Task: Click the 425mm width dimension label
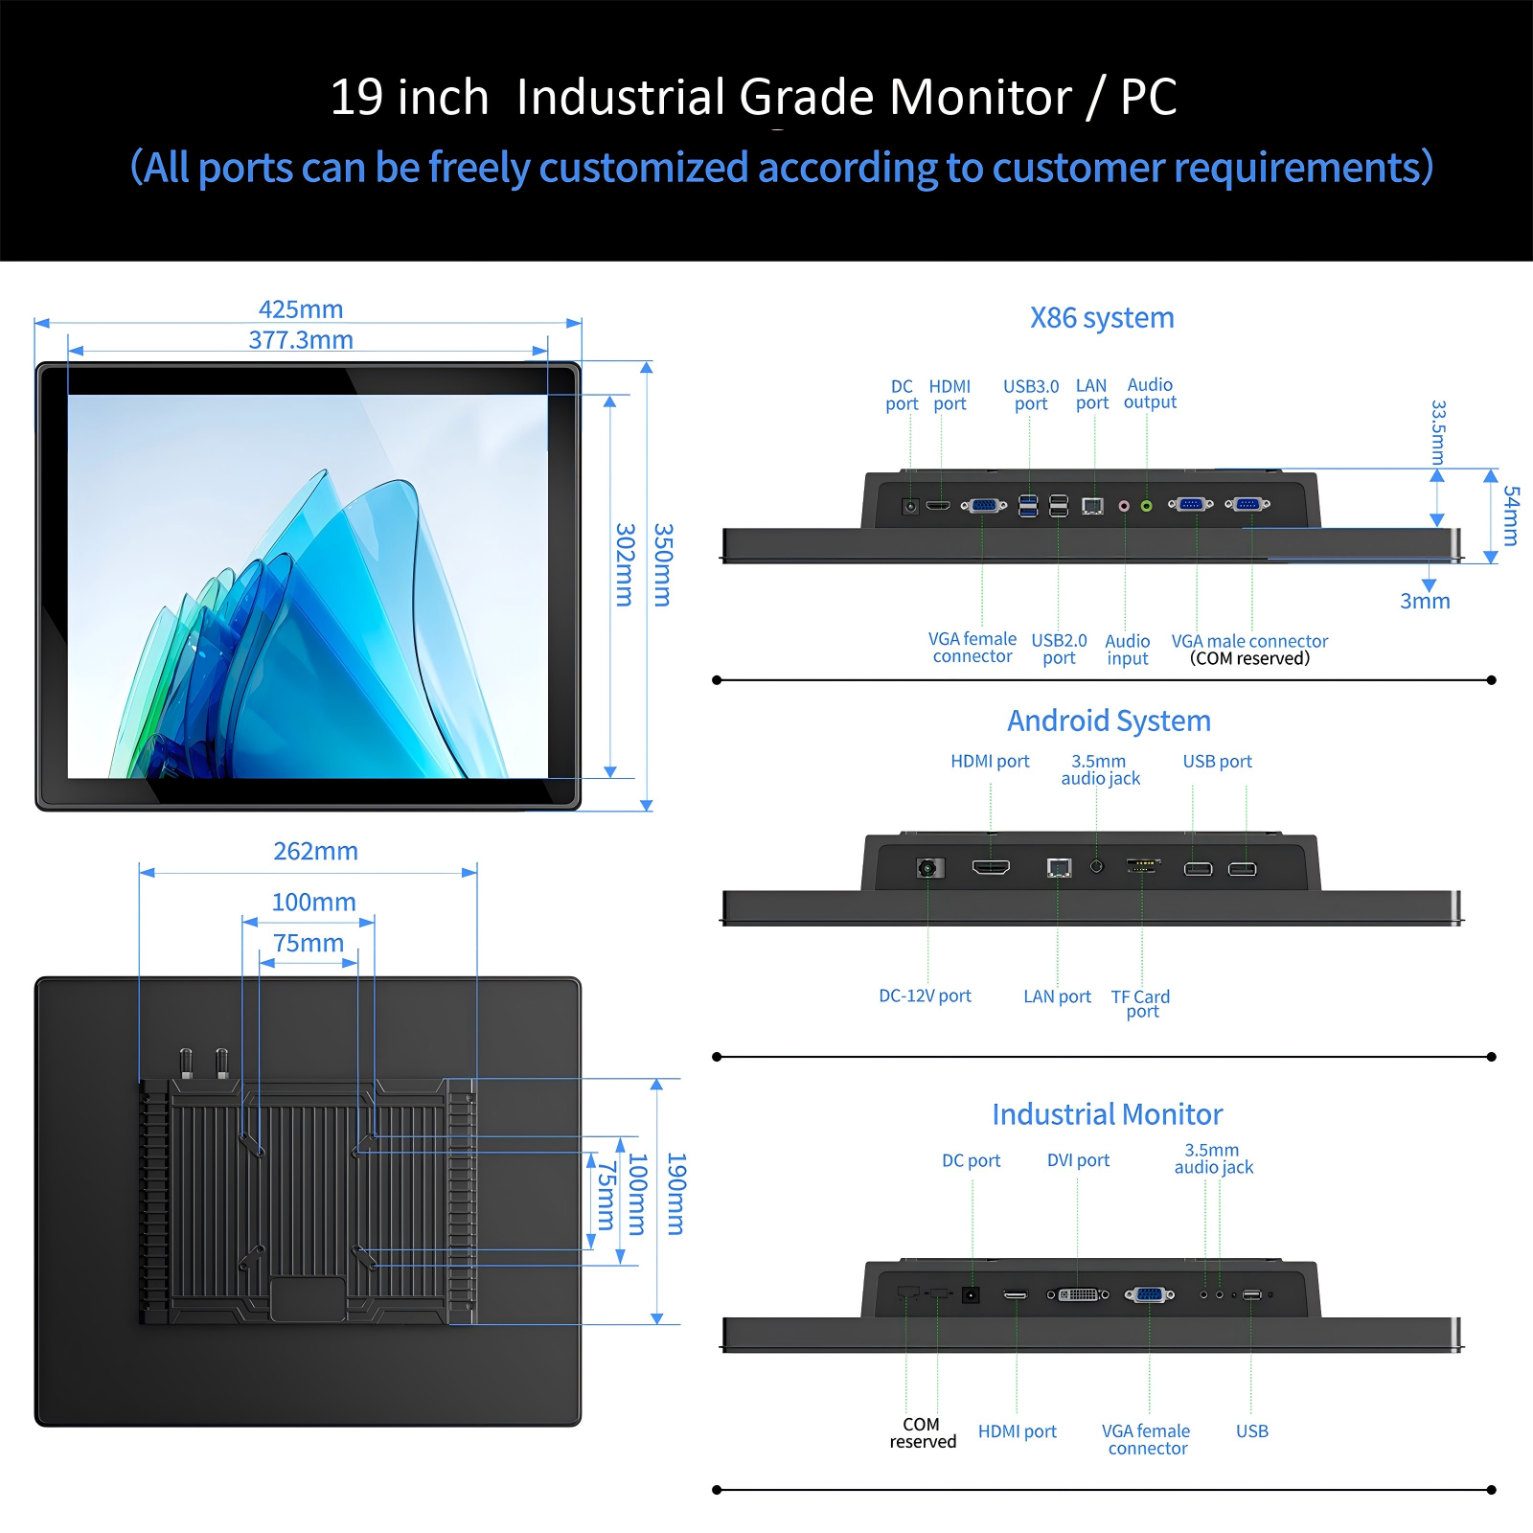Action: [301, 309]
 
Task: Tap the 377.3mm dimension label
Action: [301, 340]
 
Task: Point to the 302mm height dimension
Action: [625, 564]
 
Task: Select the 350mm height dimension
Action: [663, 564]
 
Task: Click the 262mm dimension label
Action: [315, 851]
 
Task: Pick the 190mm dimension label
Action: [676, 1194]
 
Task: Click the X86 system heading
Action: [1102, 318]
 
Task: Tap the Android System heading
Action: [1109, 721]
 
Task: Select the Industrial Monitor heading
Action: [1108, 1114]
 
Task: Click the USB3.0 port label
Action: [1031, 395]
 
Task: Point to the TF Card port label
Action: [1141, 1004]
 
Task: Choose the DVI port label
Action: [1078, 1160]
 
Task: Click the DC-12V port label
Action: [925, 996]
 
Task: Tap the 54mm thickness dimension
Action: [1511, 515]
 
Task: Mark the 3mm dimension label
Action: [1425, 602]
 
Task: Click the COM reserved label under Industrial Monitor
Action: [923, 1433]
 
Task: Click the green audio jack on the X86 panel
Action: [1146, 506]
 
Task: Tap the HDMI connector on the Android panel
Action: [991, 868]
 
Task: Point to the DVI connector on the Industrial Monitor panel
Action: [1078, 1294]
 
